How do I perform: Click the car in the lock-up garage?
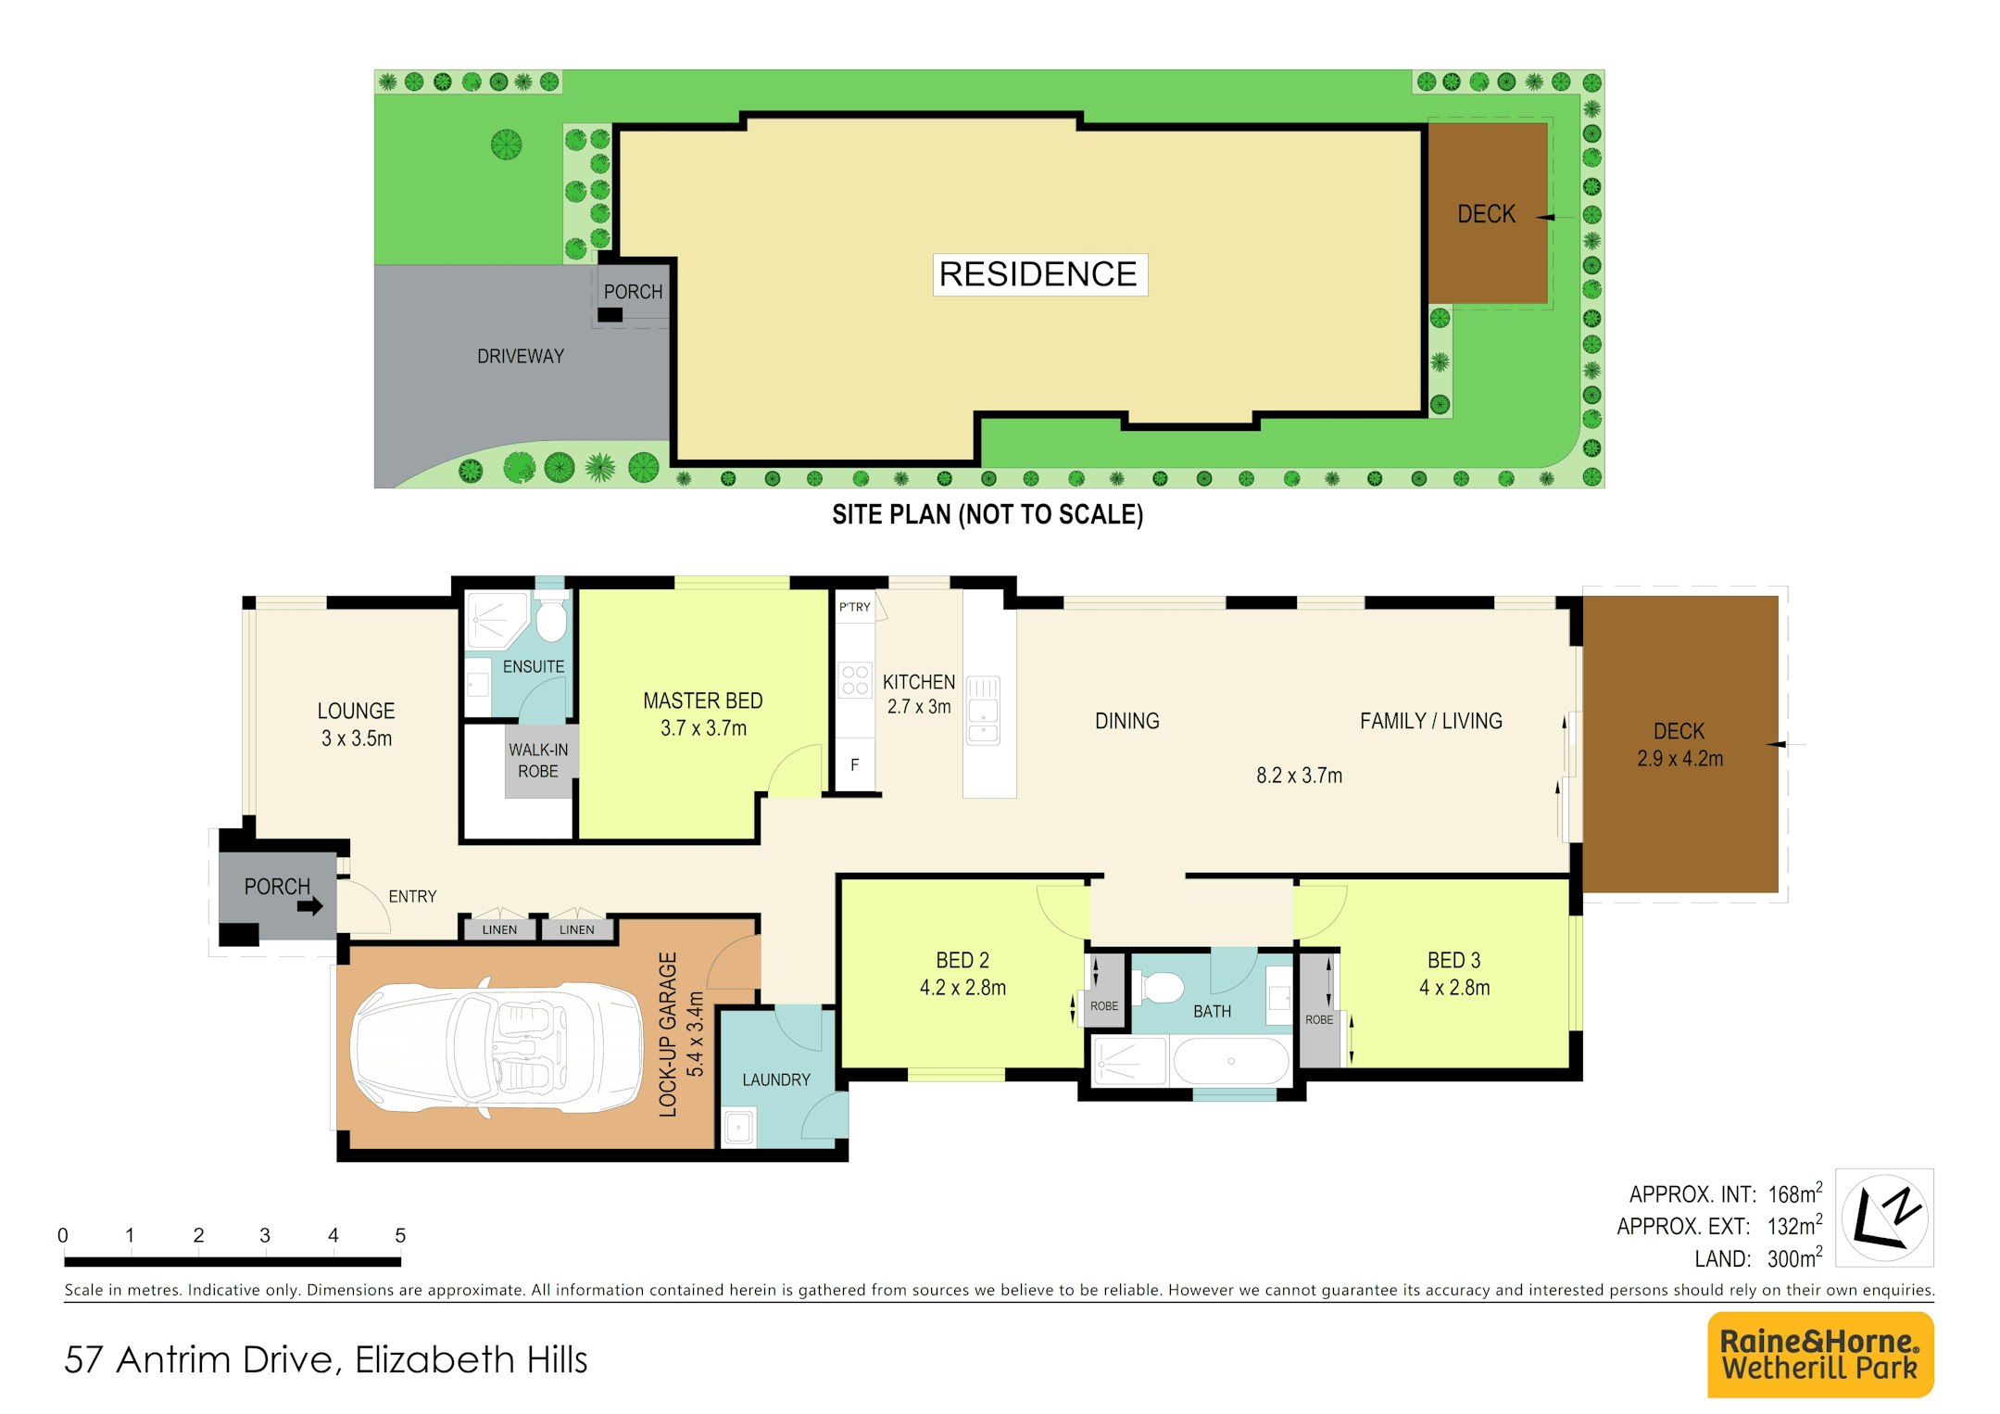point(496,1047)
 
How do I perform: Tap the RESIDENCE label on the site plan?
point(1038,274)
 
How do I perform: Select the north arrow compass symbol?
point(1884,1217)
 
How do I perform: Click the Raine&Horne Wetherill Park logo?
point(1820,1354)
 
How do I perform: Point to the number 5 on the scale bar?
point(400,1235)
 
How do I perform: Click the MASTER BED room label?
point(703,701)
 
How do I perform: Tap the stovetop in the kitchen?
point(855,680)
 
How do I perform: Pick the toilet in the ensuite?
point(551,615)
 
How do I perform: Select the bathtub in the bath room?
point(1231,1061)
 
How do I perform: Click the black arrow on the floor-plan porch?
point(310,905)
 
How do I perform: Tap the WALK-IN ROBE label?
point(538,761)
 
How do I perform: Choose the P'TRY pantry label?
point(855,607)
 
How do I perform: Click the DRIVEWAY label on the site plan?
point(521,356)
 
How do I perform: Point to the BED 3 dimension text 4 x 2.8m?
point(1454,988)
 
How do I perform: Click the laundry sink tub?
point(738,1128)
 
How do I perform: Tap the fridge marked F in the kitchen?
point(855,764)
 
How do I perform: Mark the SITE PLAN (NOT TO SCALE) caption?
point(987,514)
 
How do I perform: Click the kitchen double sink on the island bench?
point(983,711)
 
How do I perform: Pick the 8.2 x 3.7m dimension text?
point(1299,776)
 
